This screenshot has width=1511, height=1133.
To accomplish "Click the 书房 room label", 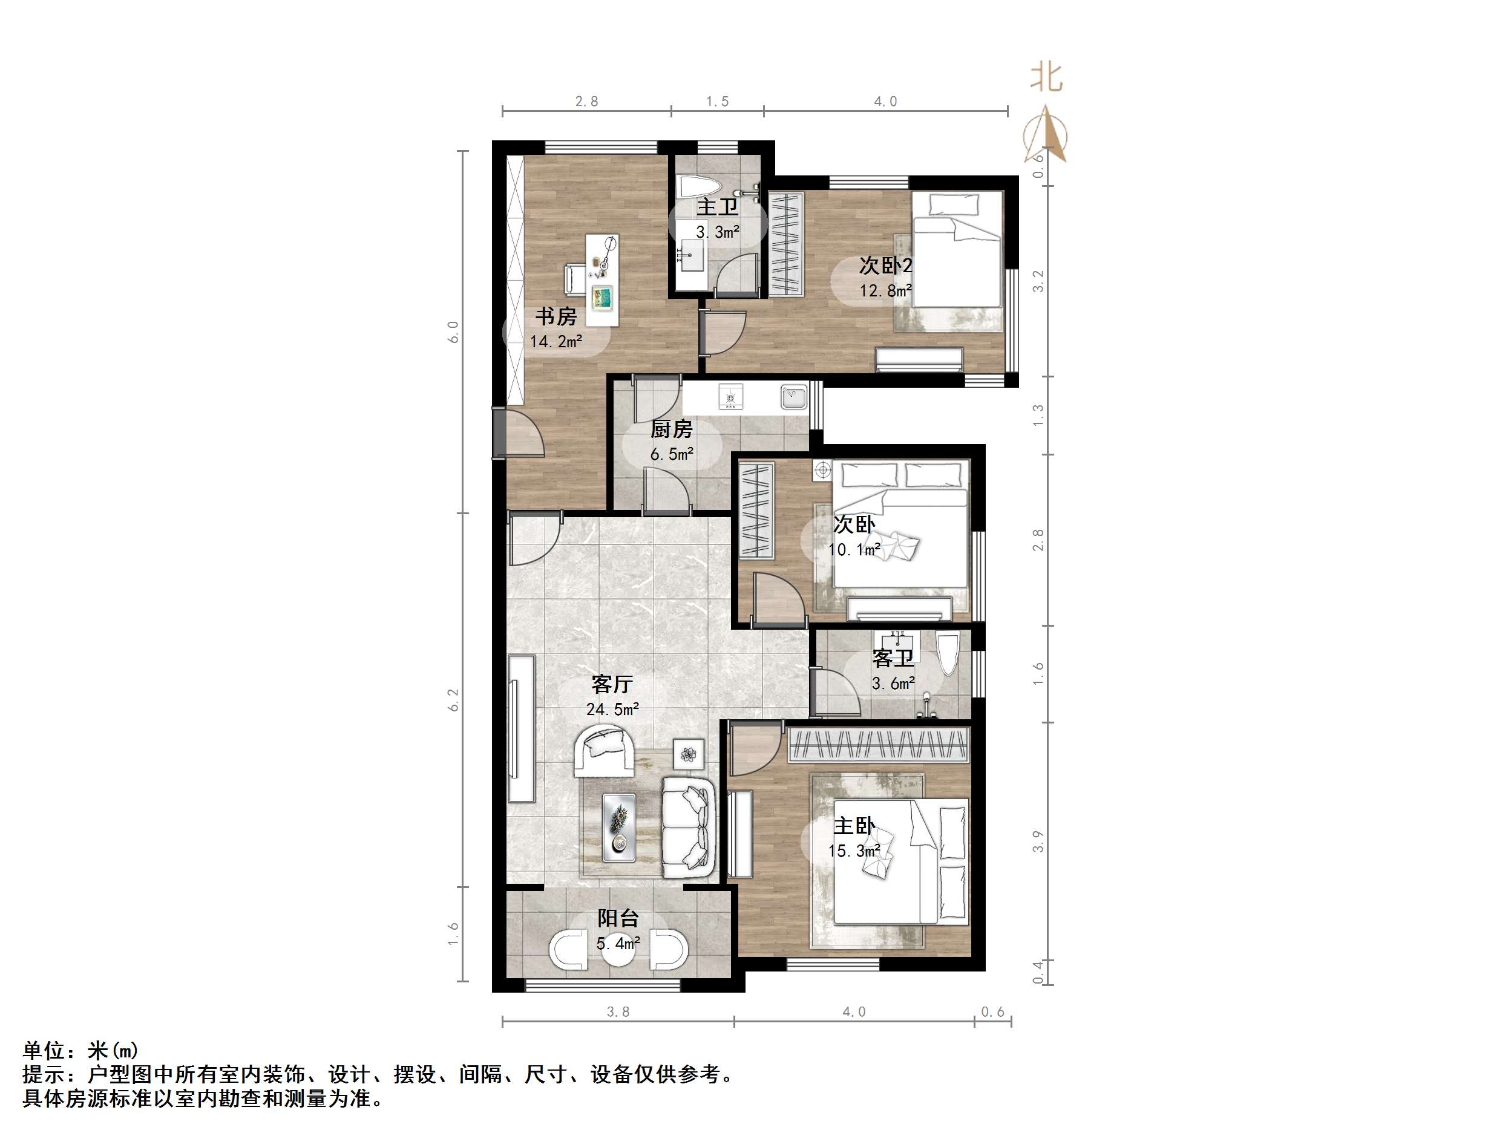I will [x=556, y=316].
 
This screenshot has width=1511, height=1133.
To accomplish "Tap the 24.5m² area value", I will [x=612, y=710].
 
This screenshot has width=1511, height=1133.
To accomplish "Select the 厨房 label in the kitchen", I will [x=671, y=429].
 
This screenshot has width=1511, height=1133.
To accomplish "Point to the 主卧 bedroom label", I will [x=854, y=826].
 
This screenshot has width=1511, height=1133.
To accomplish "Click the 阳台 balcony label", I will [x=618, y=918].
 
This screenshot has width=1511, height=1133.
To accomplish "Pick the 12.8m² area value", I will [x=885, y=291].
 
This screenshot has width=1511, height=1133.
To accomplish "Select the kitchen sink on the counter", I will [x=794, y=396].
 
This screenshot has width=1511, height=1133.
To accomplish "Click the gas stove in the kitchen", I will [x=731, y=396].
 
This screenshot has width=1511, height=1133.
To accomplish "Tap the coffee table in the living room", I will [x=619, y=827].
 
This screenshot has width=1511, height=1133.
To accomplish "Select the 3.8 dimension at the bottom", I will [x=618, y=1012].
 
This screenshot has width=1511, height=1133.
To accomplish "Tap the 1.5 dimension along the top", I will [x=717, y=102].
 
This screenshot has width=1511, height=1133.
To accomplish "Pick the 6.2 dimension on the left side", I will [x=454, y=700].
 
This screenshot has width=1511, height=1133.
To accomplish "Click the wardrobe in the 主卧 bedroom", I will [x=879, y=745].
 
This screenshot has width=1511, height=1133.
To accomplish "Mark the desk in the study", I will [x=126, y=280].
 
